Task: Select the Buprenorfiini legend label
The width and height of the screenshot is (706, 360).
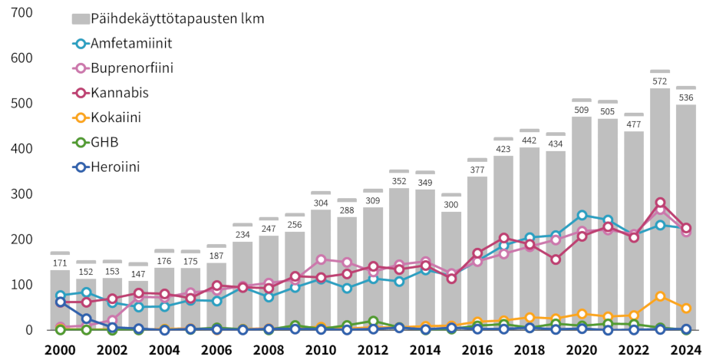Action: (131, 68)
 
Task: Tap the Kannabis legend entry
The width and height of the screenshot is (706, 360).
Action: (119, 92)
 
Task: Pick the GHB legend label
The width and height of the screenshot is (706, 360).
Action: (104, 141)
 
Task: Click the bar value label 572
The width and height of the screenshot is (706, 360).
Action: (660, 81)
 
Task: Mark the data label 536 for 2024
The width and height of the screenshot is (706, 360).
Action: (686, 97)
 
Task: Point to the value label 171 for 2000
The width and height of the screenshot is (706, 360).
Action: (60, 263)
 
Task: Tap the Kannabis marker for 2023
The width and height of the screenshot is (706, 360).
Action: (660, 203)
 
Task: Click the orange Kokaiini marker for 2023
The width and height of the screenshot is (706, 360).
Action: (660, 296)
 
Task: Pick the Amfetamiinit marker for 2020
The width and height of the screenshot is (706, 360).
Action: (582, 216)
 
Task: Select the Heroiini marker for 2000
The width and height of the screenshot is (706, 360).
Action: (60, 302)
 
